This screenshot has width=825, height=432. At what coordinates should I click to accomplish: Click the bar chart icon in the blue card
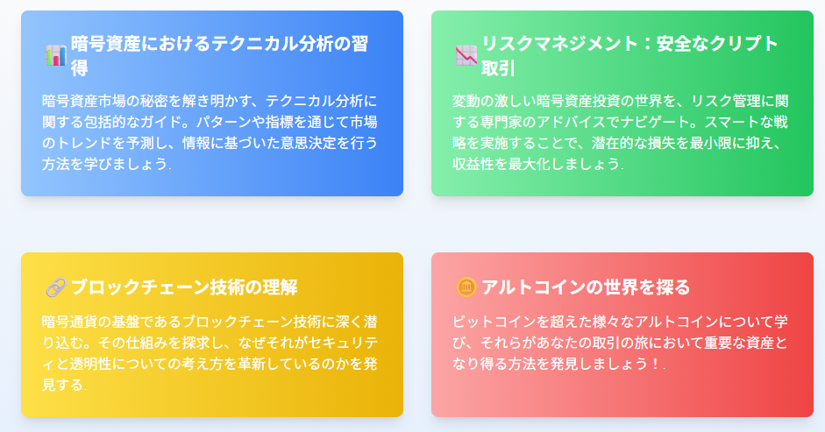55,55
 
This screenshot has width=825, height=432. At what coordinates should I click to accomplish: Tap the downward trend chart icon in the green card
466,55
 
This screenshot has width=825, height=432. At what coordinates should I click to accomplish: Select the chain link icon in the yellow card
55,287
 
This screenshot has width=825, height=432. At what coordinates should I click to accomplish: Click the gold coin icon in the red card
466,287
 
